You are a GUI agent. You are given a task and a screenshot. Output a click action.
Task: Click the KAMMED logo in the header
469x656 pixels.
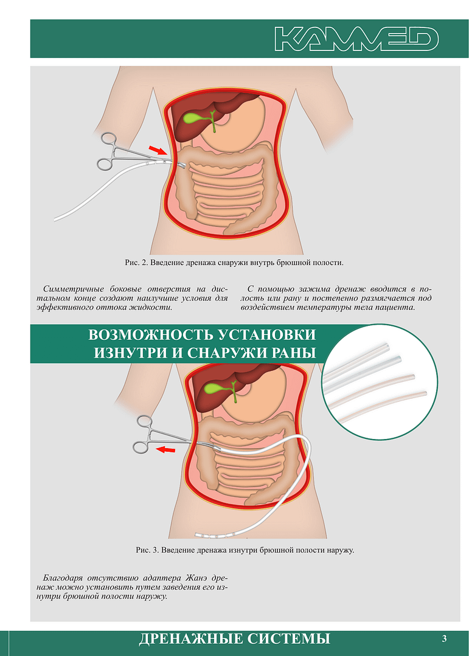(x=356, y=39)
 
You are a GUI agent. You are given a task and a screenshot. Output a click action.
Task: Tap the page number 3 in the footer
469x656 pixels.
(x=444, y=638)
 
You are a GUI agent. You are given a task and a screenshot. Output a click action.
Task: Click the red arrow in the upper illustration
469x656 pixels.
(x=157, y=150)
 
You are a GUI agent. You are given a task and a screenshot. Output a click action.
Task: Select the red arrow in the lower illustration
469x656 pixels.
(x=165, y=450)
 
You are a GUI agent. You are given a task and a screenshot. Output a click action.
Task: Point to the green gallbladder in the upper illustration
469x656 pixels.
(x=196, y=119)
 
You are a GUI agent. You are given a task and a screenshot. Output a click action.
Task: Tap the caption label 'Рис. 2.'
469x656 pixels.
(x=136, y=263)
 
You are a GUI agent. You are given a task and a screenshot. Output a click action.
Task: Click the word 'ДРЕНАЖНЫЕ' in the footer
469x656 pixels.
(x=190, y=639)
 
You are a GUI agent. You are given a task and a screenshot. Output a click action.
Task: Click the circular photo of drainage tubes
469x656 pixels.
(x=380, y=382)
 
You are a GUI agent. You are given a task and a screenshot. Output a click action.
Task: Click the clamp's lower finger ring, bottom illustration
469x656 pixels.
(x=141, y=447)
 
